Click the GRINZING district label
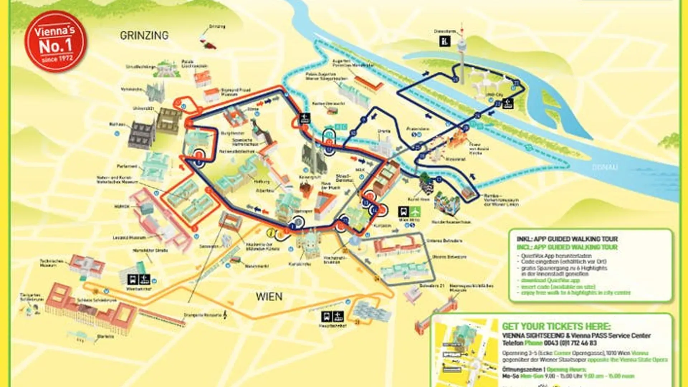pos(144,35)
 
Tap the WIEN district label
pos(269,297)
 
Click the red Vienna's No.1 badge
pos(56,42)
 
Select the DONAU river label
pos(605,167)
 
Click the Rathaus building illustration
pos(142,134)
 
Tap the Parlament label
pos(127,166)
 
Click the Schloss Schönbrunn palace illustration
pos(90,310)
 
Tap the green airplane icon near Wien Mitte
pos(415,212)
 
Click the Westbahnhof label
pos(139,289)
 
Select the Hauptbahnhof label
pos(333,326)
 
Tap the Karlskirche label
pos(300,264)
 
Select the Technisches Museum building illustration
pos(87,266)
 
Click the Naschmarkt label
pos(257,266)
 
